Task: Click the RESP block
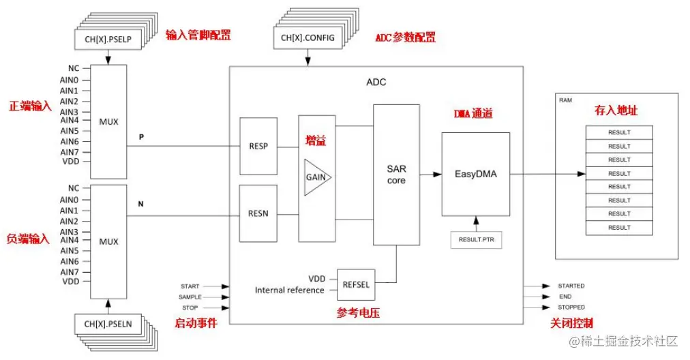[x=258, y=145]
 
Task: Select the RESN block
[x=258, y=213]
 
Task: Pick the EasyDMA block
[x=476, y=174]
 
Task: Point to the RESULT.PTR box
[x=476, y=240]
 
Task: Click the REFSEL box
[x=356, y=284]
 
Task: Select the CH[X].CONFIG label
[x=307, y=37]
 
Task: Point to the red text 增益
[x=315, y=140]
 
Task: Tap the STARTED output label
[x=571, y=286]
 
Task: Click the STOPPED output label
[x=571, y=307]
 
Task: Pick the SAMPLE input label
[x=190, y=297]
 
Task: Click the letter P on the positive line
[x=141, y=137]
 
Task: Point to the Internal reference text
[x=290, y=290]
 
